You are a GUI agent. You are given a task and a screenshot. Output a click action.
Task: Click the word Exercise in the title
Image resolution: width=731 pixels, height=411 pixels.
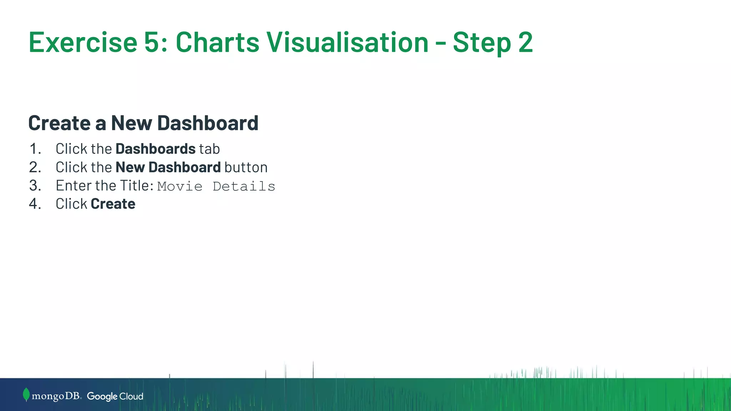(x=83, y=42)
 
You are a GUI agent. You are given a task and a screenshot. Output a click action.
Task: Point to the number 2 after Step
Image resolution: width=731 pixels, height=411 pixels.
(x=525, y=42)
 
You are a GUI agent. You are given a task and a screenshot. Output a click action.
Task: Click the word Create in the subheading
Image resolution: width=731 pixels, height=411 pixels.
(x=59, y=123)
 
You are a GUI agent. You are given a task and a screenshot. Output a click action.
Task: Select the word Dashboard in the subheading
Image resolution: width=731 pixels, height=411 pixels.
(x=207, y=123)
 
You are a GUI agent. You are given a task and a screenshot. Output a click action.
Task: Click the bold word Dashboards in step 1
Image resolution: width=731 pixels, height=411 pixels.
(x=155, y=149)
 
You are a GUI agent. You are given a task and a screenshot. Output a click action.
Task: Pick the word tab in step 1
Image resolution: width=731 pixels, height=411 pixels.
(x=209, y=149)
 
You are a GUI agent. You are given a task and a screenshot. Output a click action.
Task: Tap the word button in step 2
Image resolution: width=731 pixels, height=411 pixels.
(x=246, y=167)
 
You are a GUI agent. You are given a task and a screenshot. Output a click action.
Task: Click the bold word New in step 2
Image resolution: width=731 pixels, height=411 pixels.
(x=130, y=167)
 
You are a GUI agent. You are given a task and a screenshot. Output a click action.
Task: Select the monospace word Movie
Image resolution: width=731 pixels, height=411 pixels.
(x=180, y=186)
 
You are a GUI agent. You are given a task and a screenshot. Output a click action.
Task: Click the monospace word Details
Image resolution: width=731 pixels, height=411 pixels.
(x=244, y=186)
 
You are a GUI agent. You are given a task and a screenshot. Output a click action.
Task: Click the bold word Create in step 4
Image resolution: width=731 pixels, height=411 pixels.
(x=113, y=204)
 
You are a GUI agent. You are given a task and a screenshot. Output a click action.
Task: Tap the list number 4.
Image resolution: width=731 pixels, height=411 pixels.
(x=34, y=204)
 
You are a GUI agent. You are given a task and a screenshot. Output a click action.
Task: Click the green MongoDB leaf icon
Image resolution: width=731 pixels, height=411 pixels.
(x=26, y=395)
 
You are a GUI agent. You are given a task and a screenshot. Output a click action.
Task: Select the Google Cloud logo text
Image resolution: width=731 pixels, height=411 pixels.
(x=115, y=396)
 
